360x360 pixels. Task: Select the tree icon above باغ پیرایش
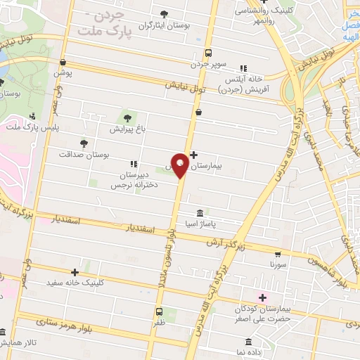pos(127,118)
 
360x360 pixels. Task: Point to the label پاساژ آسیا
pos(200,224)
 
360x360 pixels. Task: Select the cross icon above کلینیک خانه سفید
pos(75,271)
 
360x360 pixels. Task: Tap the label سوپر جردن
pos(208,65)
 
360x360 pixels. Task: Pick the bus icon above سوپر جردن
pos(208,53)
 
